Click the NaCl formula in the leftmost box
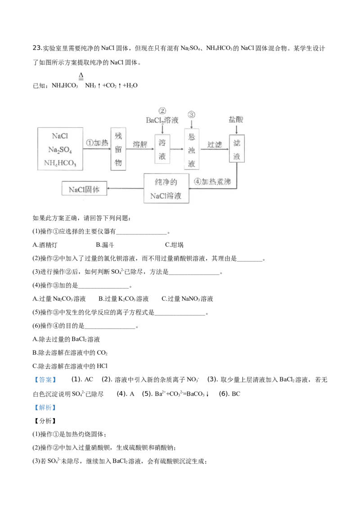60,135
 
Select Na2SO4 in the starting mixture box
60,149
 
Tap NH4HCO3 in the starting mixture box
60,163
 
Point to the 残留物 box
118,149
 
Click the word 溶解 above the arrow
140,144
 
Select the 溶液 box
162,150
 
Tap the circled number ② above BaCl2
162,111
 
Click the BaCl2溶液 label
162,120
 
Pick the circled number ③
192,114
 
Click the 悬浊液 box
192,149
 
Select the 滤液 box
237,149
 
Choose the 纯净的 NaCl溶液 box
166,188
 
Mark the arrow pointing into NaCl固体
126,189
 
